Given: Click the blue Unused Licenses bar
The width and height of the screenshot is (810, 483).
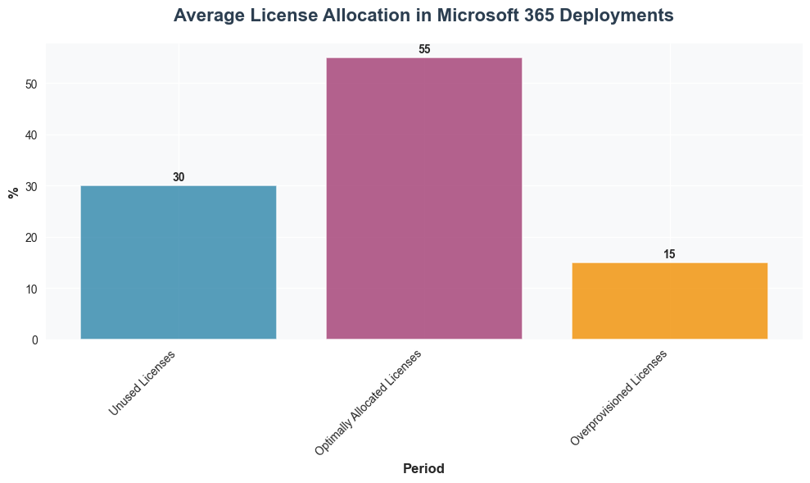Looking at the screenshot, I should pyautogui.click(x=178, y=262).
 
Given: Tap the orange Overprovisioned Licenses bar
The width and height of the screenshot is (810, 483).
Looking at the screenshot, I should pyautogui.click(x=669, y=301).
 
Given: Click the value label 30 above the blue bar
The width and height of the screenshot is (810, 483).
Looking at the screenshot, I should pyautogui.click(x=179, y=177).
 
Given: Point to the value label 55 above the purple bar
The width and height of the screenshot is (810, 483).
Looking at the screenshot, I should pyautogui.click(x=424, y=49).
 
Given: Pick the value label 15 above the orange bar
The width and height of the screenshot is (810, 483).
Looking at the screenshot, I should pyautogui.click(x=669, y=254).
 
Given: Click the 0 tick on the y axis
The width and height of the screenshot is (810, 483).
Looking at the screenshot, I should pyautogui.click(x=34, y=340).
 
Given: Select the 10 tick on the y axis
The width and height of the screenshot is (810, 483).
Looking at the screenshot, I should pyautogui.click(x=31, y=289).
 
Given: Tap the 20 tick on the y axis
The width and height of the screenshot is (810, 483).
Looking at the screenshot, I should pyautogui.click(x=31, y=238).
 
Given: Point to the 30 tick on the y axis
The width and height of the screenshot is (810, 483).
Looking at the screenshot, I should pyautogui.click(x=31, y=186).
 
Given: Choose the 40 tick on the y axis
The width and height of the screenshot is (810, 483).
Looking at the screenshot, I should pyautogui.click(x=31, y=135).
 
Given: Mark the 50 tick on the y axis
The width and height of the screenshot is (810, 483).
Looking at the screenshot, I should pyautogui.click(x=31, y=84).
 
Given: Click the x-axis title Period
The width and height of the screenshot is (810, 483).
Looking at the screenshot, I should pyautogui.click(x=423, y=469).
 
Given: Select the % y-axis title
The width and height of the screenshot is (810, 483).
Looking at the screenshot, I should pyautogui.click(x=13, y=193).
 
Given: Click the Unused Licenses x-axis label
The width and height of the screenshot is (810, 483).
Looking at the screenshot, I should pyautogui.click(x=142, y=382).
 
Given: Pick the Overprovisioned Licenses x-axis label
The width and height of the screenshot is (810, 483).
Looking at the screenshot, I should pyautogui.click(x=619, y=398).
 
